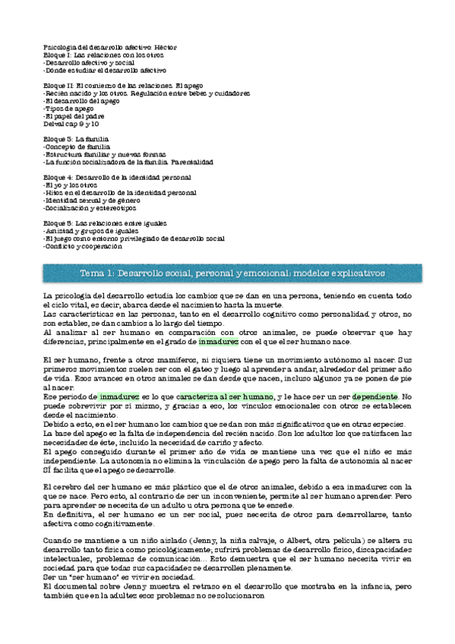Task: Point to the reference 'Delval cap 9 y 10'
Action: tap(71, 124)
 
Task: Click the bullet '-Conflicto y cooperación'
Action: tap(84, 247)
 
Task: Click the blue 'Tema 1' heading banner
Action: tap(227, 272)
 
